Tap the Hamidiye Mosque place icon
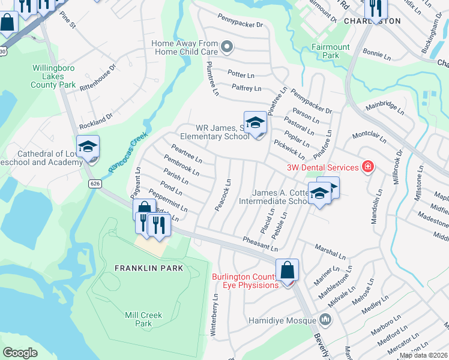coord(325,319)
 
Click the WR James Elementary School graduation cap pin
coord(255,122)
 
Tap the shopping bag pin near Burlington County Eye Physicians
coord(288,270)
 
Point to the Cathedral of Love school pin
coord(88,147)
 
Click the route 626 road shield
coord(95,182)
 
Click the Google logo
coord(20,353)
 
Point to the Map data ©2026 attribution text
coord(423,355)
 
